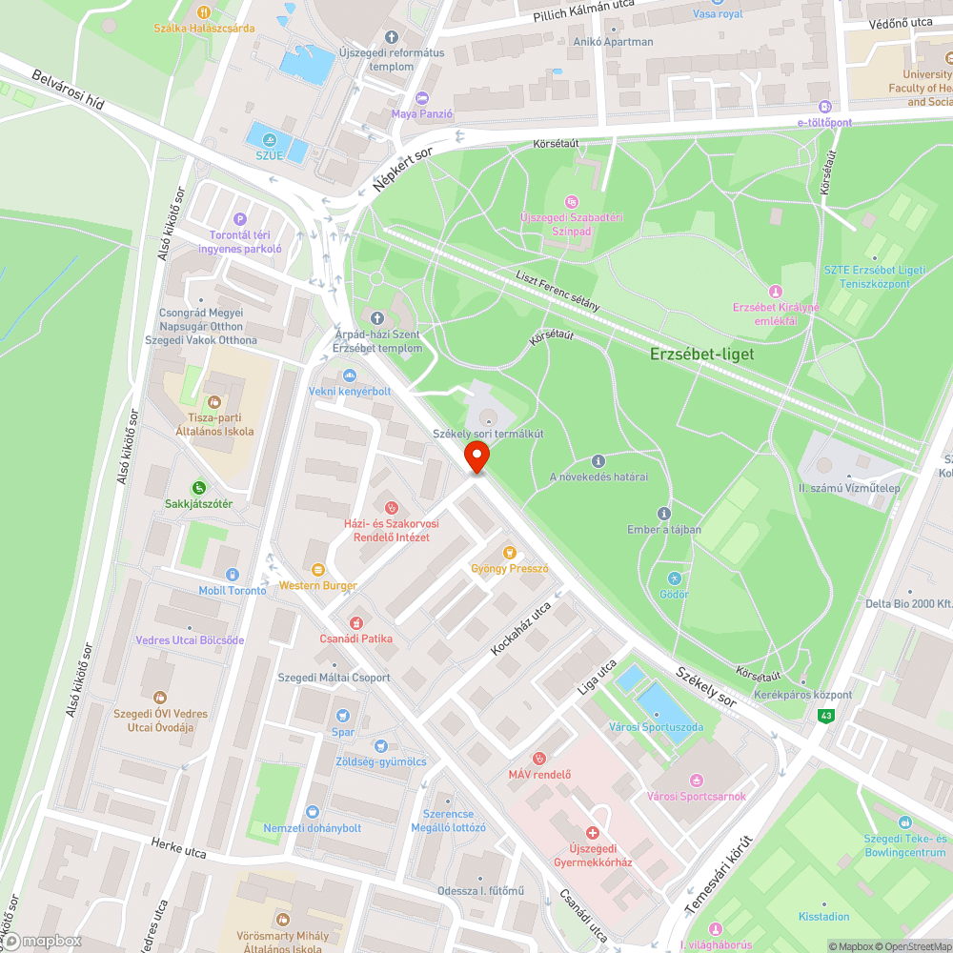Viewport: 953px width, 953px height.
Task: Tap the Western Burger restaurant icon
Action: [x=318, y=569]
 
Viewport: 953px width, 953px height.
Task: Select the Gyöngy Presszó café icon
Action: [x=509, y=552]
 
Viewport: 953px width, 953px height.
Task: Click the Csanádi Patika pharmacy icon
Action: [x=356, y=621]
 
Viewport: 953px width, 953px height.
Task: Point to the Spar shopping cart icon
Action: [x=343, y=716]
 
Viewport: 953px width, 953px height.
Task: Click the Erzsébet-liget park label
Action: [x=701, y=354]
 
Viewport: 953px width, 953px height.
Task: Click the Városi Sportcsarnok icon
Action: [x=696, y=781]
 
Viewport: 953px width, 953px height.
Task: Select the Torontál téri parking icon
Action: [x=239, y=218]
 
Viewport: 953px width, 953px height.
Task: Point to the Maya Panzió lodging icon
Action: [x=422, y=99]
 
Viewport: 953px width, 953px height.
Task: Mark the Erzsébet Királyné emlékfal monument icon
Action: [x=776, y=291]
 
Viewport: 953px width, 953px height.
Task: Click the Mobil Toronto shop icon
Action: [x=233, y=574]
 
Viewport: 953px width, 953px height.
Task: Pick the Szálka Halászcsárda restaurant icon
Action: [x=204, y=11]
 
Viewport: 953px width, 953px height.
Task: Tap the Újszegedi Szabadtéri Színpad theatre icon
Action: [x=571, y=202]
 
